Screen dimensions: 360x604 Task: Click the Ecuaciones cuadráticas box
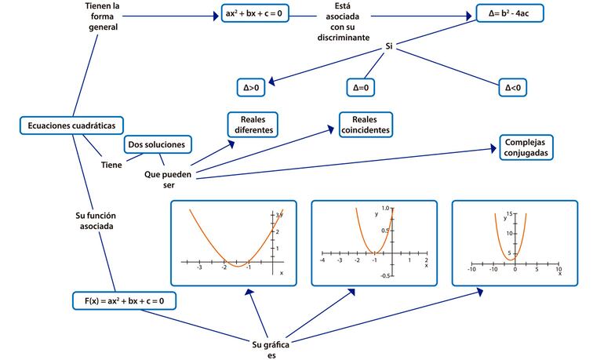[71, 125]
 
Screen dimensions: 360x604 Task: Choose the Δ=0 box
[362, 88]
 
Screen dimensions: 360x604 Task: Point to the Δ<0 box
[513, 88]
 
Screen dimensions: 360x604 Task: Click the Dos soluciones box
[157, 144]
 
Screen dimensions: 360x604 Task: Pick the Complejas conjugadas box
[526, 147]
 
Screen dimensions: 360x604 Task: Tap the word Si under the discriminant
[388, 47]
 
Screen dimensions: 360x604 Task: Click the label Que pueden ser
[168, 180]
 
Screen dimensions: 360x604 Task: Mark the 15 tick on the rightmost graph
[508, 214]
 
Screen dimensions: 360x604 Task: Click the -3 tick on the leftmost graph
[199, 267]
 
